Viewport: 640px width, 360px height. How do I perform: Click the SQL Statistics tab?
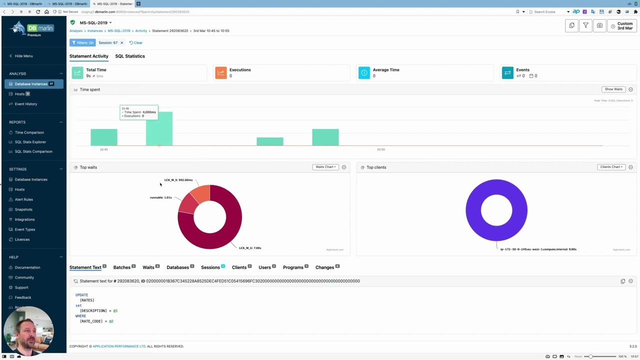tap(130, 56)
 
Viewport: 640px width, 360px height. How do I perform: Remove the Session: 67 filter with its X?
tap(121, 43)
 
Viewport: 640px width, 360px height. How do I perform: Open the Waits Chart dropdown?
tap(325, 167)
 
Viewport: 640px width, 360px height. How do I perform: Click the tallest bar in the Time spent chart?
tap(159, 128)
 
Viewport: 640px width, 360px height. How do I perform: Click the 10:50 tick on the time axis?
tap(381, 149)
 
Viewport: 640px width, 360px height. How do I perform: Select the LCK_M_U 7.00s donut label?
tap(250, 248)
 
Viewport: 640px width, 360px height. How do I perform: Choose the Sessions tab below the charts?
tap(210, 267)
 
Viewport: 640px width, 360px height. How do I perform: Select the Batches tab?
tap(121, 267)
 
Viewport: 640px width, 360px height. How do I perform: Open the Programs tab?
tap(293, 267)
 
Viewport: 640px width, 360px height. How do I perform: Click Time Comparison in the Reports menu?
tap(29, 132)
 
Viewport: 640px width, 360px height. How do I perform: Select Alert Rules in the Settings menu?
tap(23, 199)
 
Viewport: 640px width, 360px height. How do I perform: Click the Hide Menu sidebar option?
tap(23, 56)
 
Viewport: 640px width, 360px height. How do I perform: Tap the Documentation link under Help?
tap(27, 267)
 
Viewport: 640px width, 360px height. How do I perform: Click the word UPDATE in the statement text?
tap(81, 295)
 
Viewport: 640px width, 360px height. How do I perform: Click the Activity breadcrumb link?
tap(141, 31)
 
